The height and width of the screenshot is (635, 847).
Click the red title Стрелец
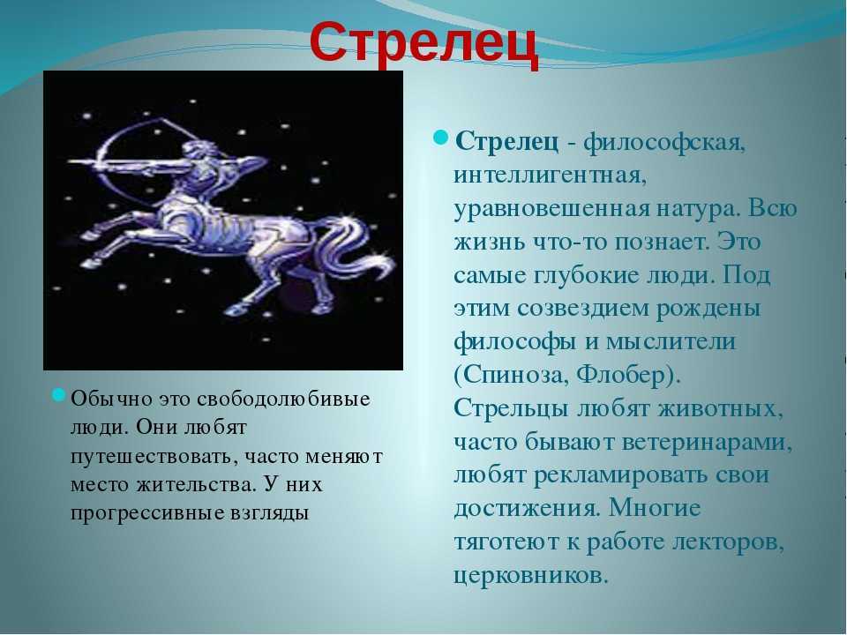click(x=424, y=44)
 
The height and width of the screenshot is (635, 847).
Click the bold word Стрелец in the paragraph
click(x=506, y=143)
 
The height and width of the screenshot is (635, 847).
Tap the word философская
click(x=664, y=144)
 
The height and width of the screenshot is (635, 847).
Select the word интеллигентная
click(x=550, y=176)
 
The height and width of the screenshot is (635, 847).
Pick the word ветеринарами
click(x=707, y=443)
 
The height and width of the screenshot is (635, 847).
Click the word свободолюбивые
click(x=283, y=400)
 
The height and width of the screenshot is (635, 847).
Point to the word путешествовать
click(x=154, y=457)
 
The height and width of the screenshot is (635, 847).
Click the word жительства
click(x=194, y=484)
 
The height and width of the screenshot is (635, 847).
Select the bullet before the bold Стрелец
click(x=441, y=138)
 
